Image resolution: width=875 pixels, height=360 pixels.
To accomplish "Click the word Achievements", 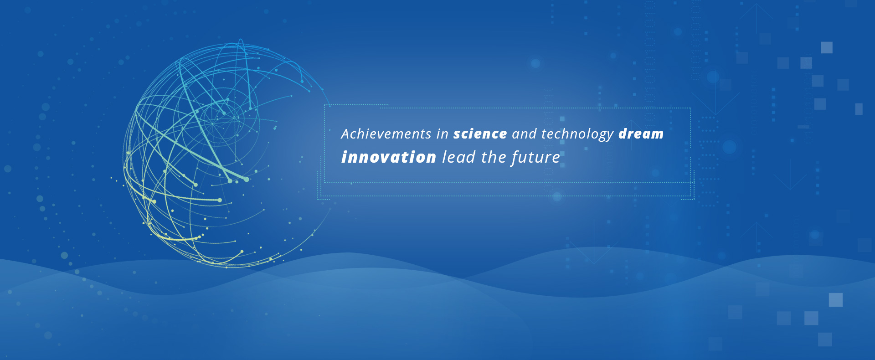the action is coord(386,134).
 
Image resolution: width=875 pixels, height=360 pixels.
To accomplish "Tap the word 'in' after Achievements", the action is coord(443,134).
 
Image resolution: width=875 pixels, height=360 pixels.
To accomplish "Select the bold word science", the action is coord(480,134).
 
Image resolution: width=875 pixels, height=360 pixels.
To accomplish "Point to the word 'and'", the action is coord(525,134).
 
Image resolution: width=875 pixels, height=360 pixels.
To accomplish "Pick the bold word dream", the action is coord(641,134).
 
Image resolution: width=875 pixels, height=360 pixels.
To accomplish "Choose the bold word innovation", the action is coord(389,157).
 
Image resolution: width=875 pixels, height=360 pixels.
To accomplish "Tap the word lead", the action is coord(459,157).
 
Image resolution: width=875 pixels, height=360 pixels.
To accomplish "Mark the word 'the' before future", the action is coord(494,157).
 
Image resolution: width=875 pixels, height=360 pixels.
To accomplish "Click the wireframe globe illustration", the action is coord(223,155).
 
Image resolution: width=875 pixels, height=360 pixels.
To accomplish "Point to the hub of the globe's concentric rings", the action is coord(212,123).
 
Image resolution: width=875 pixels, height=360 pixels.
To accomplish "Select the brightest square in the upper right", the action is coord(827,47).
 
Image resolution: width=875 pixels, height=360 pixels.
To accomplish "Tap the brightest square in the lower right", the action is coord(835,300).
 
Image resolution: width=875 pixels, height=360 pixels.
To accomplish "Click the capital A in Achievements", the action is coord(346,134).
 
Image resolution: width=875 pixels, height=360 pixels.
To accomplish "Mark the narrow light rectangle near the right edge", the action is coord(859,109).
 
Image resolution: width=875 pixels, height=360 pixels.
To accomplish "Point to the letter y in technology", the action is coord(609,136).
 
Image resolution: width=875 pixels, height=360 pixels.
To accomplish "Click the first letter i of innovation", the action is coord(344,157).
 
